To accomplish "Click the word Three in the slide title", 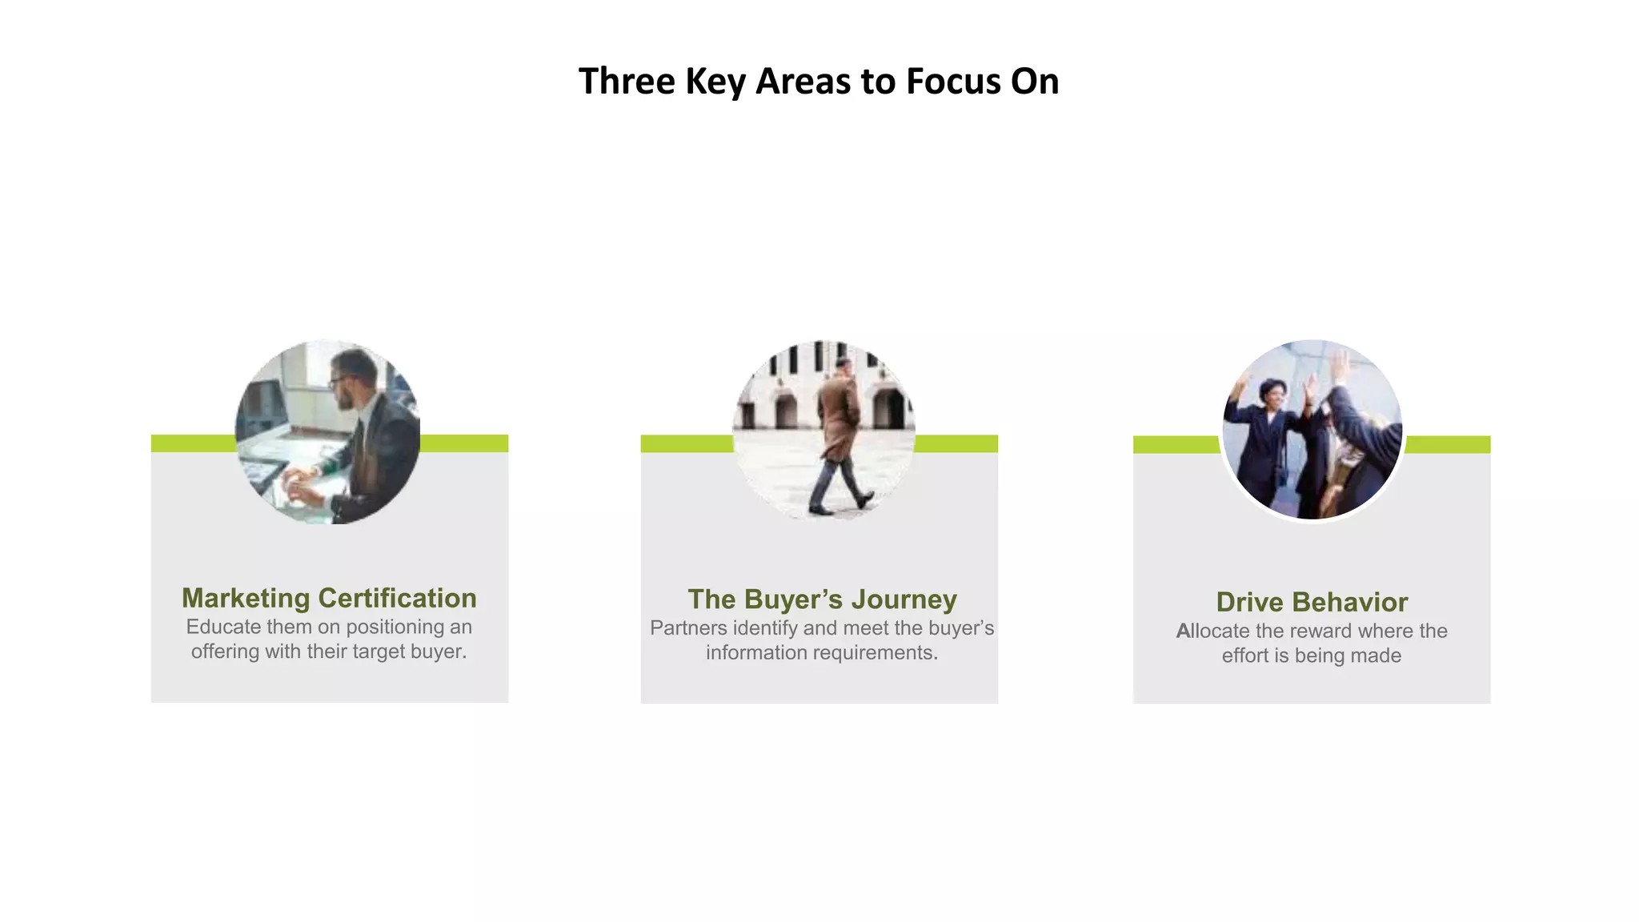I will point(627,82).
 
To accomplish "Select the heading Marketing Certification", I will point(329,598).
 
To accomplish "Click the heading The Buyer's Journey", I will point(822,599).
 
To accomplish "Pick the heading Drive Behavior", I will point(1312,602).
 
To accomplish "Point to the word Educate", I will point(223,627).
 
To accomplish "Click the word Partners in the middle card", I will point(688,628).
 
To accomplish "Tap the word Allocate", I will point(1212,631).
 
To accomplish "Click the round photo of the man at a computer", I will point(327,432).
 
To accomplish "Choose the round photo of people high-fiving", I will point(1312,430).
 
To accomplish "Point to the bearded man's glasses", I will point(339,381).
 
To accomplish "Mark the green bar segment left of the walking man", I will point(687,443).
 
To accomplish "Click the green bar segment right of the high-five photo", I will point(1447,444).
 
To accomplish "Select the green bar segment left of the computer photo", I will point(193,443).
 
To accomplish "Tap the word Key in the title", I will point(715,82).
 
